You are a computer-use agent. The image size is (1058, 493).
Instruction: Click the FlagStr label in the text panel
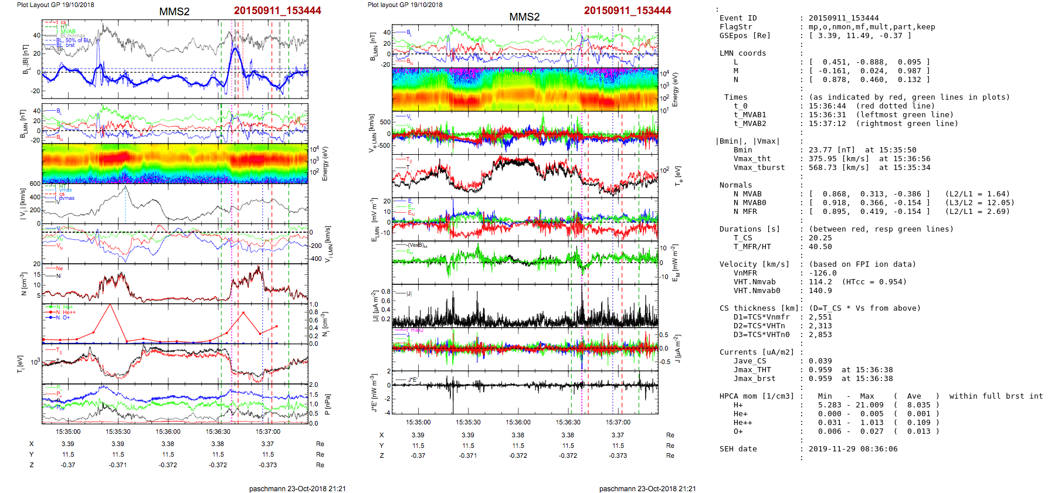735,27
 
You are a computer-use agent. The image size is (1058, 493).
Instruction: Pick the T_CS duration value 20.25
820,238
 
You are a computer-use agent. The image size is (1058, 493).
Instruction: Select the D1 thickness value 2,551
820,317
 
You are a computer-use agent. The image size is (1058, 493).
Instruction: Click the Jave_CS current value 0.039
820,361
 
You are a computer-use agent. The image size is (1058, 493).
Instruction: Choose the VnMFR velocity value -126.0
823,273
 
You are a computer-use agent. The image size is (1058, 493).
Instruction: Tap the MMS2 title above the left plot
174,12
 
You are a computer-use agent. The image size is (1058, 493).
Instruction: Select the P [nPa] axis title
327,404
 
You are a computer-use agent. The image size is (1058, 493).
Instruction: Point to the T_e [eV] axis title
678,175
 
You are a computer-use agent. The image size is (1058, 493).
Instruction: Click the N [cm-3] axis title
23,284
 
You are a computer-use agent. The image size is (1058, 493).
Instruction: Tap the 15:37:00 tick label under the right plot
618,422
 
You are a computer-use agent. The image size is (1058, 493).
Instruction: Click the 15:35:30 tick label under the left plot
118,431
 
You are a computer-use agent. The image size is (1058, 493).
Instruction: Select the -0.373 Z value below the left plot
267,465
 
